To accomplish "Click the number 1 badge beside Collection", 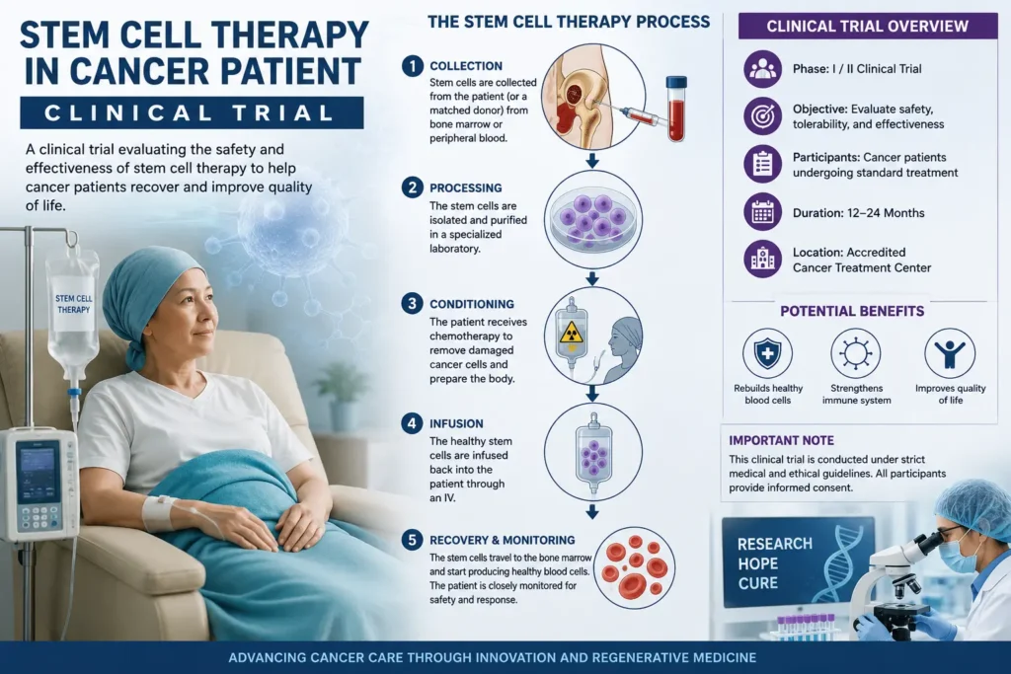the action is click(x=412, y=66).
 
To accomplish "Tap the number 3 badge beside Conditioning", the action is click(x=412, y=304).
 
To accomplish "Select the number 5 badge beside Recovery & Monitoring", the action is click(x=412, y=540).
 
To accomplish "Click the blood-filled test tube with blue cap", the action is click(x=676, y=109).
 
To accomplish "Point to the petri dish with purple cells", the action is click(x=593, y=219).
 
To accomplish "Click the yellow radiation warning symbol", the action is click(x=572, y=333).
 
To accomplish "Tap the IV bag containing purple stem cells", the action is click(x=593, y=453).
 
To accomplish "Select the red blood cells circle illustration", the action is click(x=635, y=567).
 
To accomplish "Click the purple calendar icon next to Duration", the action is click(x=763, y=212).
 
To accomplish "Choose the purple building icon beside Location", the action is click(x=763, y=259).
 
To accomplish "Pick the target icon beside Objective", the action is click(x=763, y=116).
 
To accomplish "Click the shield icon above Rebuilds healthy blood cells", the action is click(x=767, y=353).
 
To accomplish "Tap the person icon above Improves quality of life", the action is click(x=950, y=353).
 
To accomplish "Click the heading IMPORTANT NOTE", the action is click(x=782, y=441).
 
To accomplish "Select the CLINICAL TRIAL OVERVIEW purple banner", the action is click(x=867, y=27).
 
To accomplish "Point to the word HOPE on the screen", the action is click(x=758, y=563).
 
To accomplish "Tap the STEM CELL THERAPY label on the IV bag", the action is click(x=73, y=304).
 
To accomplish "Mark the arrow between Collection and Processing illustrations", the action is click(x=592, y=161).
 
